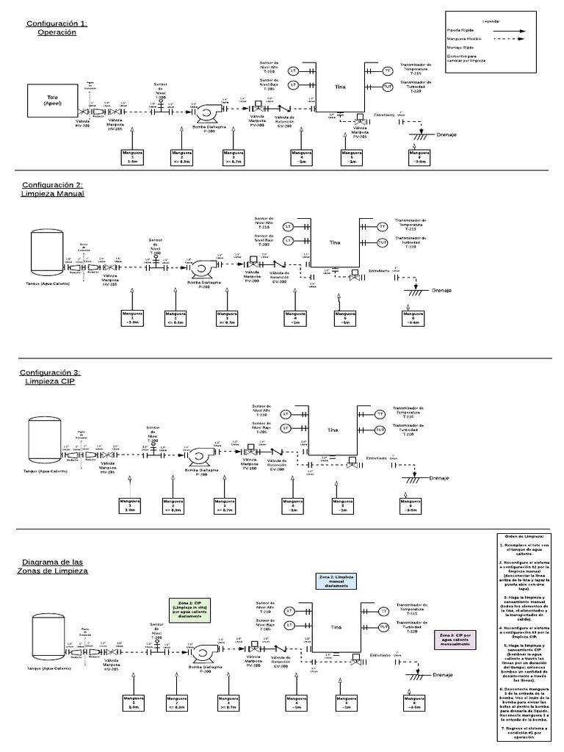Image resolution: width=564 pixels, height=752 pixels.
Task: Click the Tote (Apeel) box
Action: tap(52, 101)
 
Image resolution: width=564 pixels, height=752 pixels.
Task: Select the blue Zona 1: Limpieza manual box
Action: tap(336, 580)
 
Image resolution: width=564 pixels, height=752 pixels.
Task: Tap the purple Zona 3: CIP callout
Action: tap(452, 637)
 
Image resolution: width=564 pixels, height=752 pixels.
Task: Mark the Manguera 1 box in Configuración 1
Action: tap(132, 155)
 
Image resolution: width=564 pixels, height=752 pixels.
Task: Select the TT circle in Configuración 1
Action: tap(387, 70)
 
